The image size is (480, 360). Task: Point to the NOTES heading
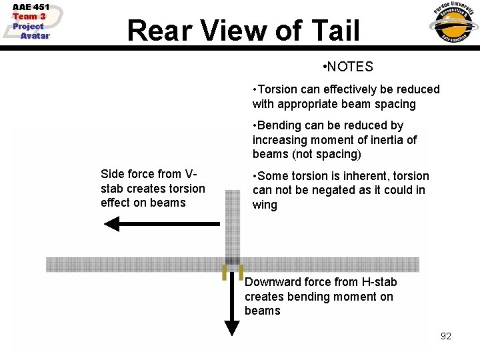click(351, 67)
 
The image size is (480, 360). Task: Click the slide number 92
click(446, 336)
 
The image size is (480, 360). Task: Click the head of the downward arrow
click(231, 327)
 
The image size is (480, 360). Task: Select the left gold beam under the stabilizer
click(225, 272)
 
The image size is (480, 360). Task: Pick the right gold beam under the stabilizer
click(240, 272)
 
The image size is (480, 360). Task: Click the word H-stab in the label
click(377, 282)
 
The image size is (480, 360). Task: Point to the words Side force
click(129, 174)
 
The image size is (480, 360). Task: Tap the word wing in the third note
click(265, 205)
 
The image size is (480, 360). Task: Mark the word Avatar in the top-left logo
click(35, 36)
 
